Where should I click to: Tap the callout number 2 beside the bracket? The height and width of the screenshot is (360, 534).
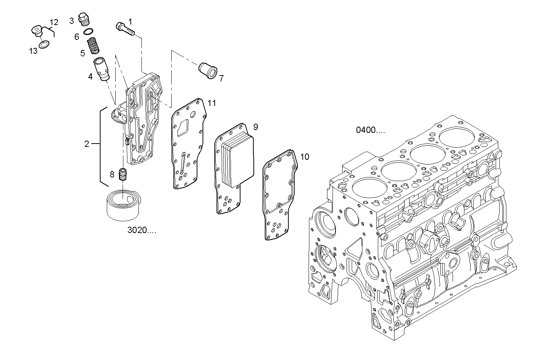coord(87,144)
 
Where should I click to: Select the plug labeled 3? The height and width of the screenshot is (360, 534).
coord(85,20)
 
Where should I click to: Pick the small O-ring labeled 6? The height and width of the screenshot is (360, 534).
coord(88,32)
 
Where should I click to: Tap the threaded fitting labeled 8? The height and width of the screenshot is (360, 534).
coord(123,174)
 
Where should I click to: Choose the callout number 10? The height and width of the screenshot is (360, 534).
coord(305,157)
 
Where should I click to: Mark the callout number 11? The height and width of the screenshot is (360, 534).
coord(211,103)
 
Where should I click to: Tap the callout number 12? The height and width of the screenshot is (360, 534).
coord(54,22)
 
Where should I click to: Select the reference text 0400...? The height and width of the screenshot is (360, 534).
coord(370,130)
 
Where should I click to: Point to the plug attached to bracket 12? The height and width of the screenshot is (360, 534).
coord(37,31)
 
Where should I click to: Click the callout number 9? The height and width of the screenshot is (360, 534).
coord(256,127)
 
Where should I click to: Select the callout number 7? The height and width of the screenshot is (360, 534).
coord(221,78)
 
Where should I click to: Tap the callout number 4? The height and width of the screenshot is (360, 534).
coord(90,77)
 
